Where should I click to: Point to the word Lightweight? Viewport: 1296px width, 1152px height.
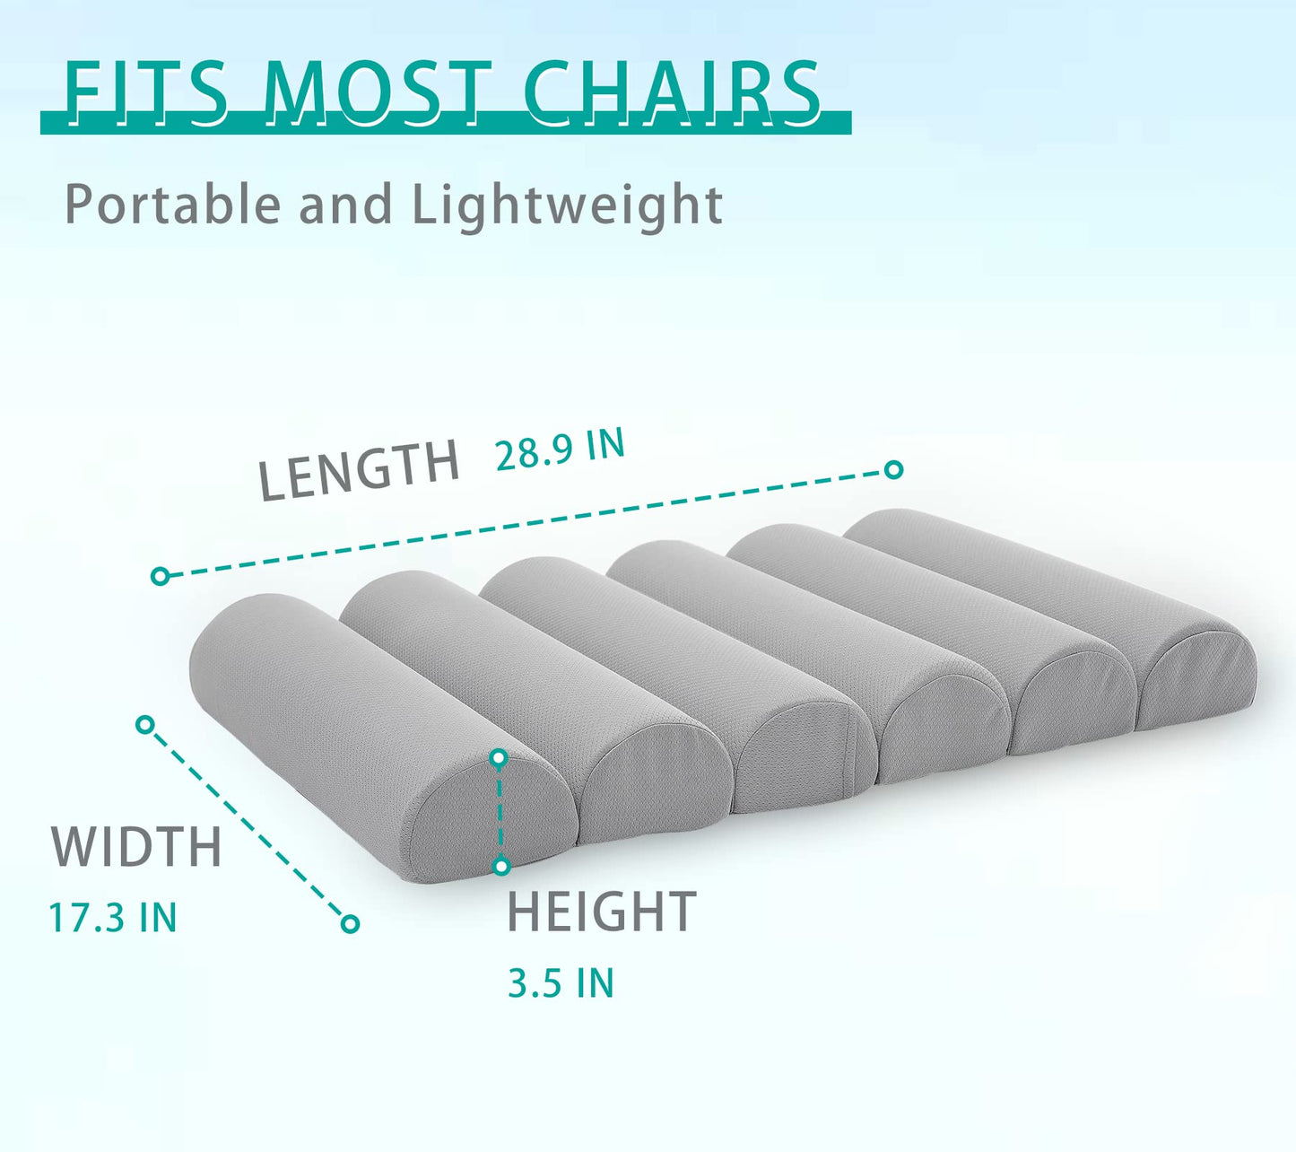click(x=567, y=206)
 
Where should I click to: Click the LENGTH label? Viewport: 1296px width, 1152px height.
click(x=359, y=470)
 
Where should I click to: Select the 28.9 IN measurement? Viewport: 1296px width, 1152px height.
click(x=560, y=449)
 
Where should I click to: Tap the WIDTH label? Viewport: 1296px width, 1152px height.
click(x=136, y=847)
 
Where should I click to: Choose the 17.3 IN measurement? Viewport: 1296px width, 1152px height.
click(x=113, y=918)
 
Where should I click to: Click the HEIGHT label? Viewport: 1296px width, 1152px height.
click(x=602, y=912)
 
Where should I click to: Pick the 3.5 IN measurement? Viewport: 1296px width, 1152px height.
click(x=561, y=983)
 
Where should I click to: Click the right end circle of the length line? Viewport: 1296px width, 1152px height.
click(x=893, y=469)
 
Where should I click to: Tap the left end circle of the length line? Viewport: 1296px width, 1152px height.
click(x=161, y=576)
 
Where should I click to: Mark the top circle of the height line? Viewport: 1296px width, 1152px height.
click(x=500, y=759)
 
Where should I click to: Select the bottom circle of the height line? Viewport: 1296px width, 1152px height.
click(x=501, y=867)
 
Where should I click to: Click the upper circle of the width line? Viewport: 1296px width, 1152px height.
click(x=145, y=724)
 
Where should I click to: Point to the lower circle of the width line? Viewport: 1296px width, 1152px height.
click(x=351, y=923)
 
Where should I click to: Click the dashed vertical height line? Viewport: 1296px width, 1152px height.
click(x=500, y=813)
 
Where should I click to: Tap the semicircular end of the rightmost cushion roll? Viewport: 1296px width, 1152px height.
click(x=1197, y=686)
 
